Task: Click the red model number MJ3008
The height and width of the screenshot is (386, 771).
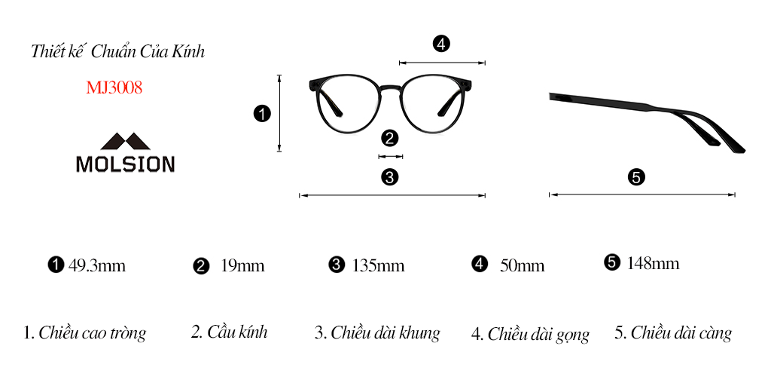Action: tap(114, 87)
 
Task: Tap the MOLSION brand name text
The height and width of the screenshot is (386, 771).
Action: tap(126, 164)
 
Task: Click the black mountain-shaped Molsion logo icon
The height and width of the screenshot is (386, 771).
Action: tap(126, 141)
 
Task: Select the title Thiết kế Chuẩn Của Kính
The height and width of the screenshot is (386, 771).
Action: tap(117, 52)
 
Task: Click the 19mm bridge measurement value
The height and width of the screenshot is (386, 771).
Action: tap(243, 266)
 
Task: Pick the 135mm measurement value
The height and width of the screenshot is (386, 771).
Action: tap(378, 266)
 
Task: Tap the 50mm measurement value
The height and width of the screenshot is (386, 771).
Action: tap(523, 266)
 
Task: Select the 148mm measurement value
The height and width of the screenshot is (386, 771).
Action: tap(653, 263)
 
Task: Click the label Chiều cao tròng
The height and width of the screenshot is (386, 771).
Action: tap(92, 332)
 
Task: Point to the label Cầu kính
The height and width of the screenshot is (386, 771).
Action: tap(237, 332)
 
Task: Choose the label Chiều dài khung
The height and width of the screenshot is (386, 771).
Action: tap(385, 332)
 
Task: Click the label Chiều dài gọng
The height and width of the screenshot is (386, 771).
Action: tap(538, 334)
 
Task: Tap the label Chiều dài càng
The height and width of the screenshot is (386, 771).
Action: tap(681, 332)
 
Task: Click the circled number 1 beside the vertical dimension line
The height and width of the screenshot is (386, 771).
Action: tap(262, 115)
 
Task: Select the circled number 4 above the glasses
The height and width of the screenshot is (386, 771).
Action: tap(441, 44)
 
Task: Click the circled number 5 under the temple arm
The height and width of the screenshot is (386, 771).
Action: tap(636, 177)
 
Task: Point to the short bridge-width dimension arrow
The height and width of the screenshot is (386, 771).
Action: tap(391, 157)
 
